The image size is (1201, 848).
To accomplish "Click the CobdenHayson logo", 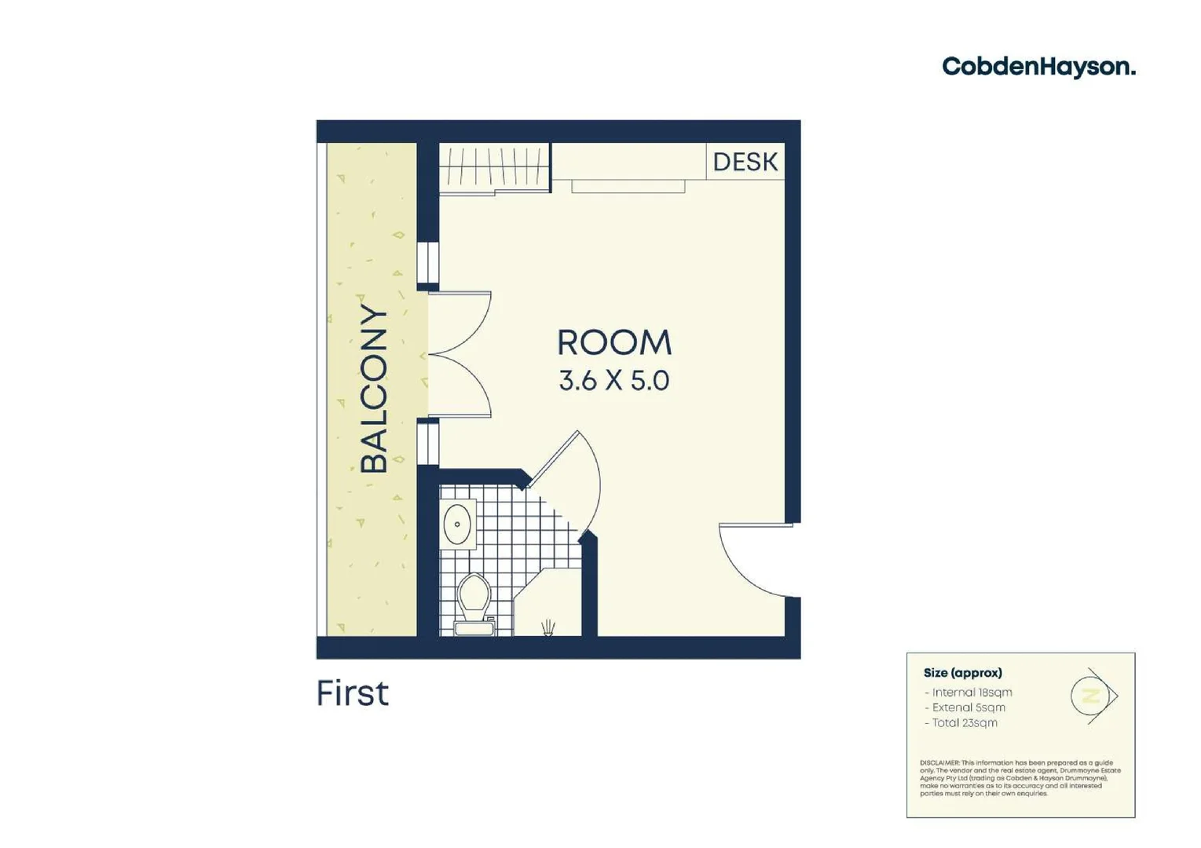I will [x=1038, y=67].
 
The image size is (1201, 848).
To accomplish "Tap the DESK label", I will [x=745, y=162].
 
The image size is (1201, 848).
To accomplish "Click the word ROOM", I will [x=614, y=343].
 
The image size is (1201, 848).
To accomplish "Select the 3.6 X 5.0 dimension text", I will [x=614, y=381].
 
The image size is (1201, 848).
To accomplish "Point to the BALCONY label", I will [x=374, y=389].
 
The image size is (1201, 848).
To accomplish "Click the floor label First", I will [x=352, y=693].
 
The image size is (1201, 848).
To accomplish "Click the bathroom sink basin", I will [x=457, y=524].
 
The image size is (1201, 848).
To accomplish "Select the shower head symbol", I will [x=547, y=627].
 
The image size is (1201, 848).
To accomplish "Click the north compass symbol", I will [x=1093, y=696].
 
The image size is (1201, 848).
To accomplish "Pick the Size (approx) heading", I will [x=962, y=673].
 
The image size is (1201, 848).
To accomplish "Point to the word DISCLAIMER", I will [x=939, y=763].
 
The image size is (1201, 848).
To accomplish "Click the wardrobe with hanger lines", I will [x=493, y=167].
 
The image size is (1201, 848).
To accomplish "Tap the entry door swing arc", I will [x=746, y=561].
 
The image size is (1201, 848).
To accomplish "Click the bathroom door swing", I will [x=573, y=479].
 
